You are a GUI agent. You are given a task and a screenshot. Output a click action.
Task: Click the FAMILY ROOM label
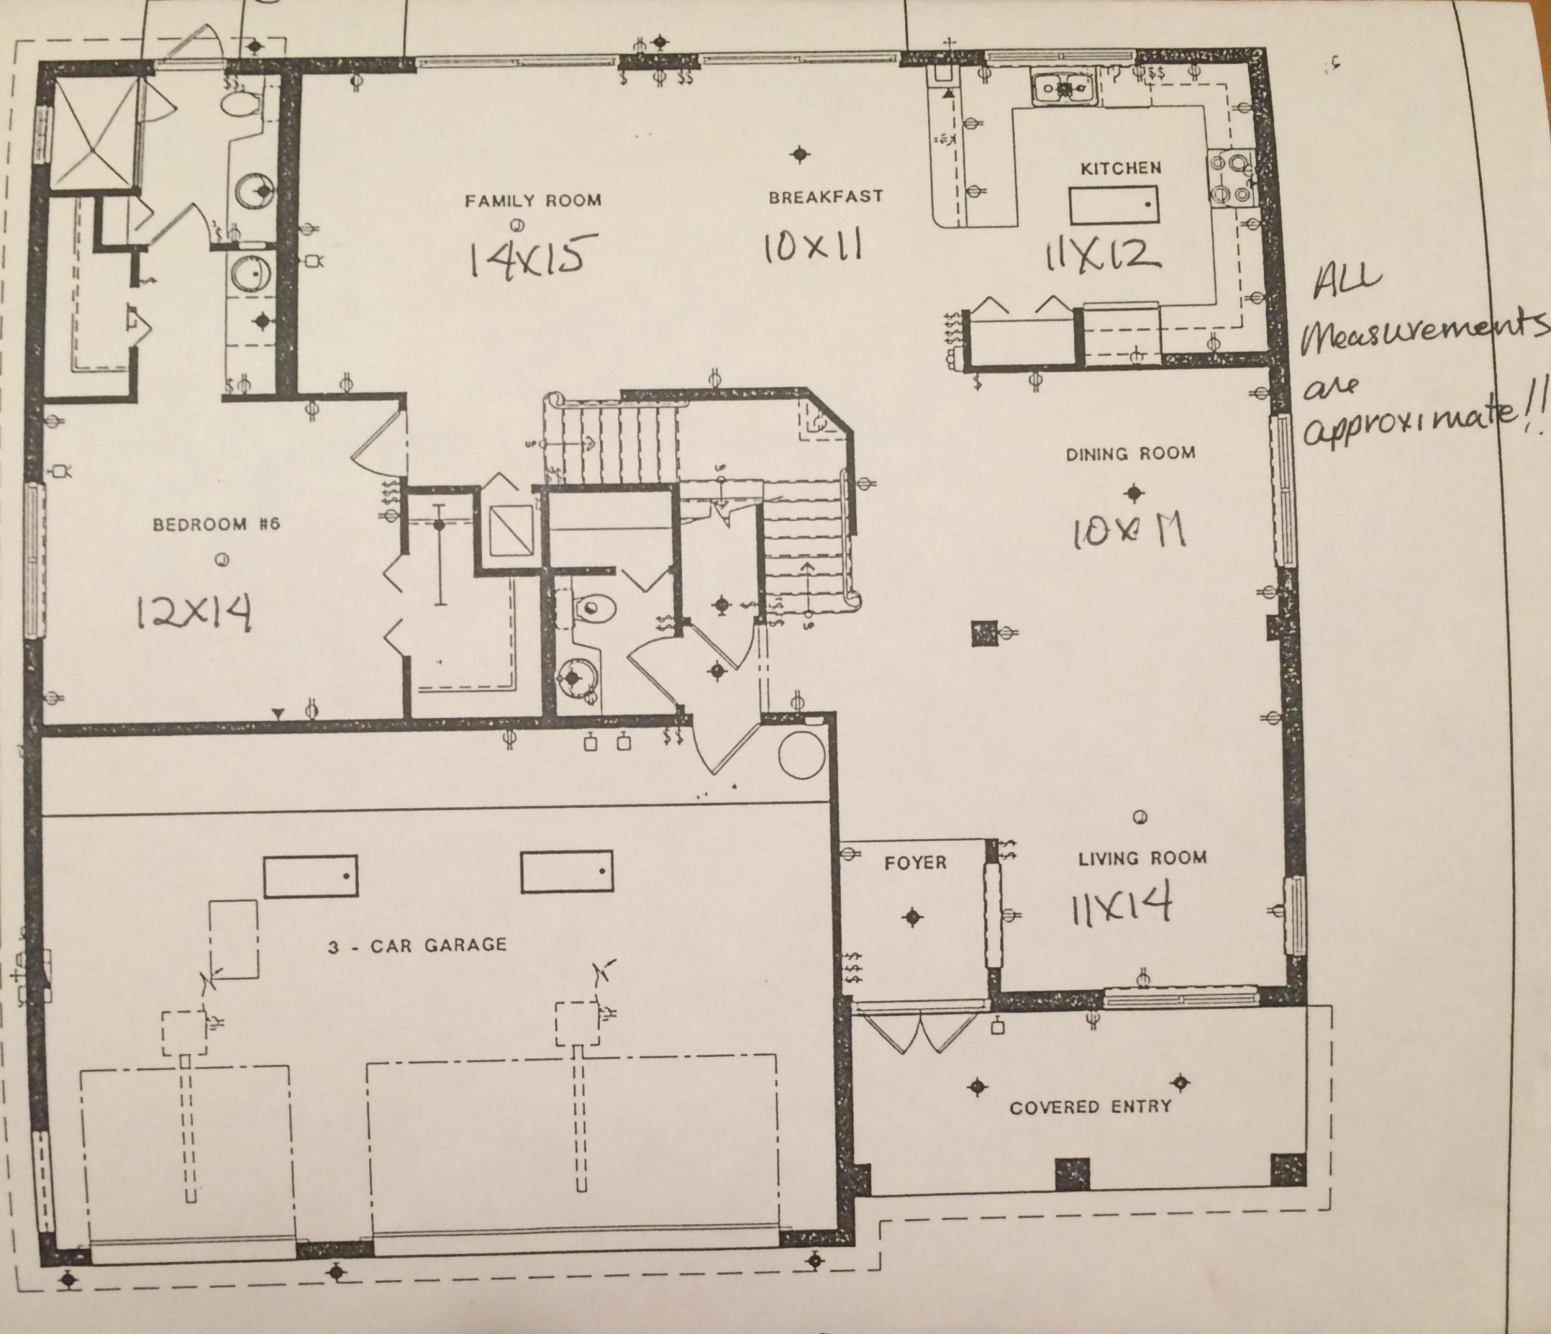533,201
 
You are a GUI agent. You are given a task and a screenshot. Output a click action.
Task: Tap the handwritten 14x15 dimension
534,255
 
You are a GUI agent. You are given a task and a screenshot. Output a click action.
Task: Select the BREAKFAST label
826,197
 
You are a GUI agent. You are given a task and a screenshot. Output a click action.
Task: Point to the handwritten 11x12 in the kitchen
1103,254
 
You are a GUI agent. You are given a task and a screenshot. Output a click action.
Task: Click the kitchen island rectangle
1114,205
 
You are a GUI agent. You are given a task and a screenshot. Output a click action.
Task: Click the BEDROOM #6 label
216,524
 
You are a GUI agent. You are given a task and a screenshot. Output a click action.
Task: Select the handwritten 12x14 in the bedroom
194,613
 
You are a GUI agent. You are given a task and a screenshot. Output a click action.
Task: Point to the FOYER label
915,862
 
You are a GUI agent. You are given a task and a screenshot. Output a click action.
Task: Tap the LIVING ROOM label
1142,859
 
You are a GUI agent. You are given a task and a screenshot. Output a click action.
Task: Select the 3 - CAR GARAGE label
417,946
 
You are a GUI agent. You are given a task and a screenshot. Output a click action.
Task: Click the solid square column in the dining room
985,634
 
